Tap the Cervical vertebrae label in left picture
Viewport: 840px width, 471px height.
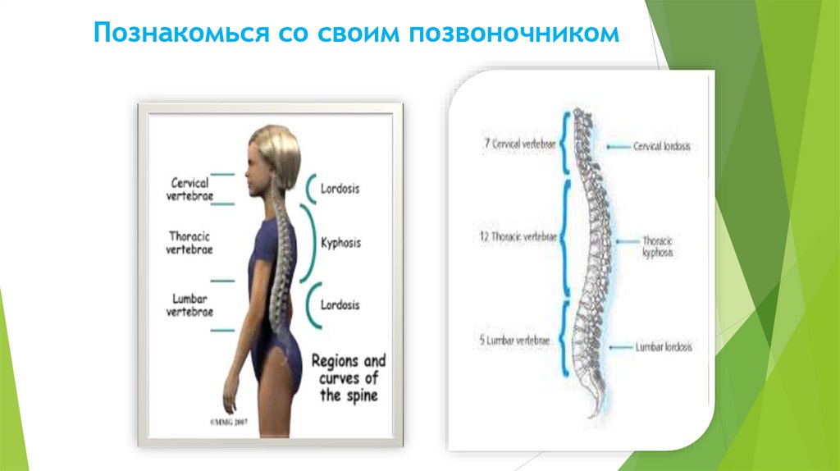pyautogui.click(x=190, y=188)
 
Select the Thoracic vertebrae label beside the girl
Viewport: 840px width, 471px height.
pyautogui.click(x=190, y=242)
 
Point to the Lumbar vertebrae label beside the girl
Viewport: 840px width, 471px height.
pyautogui.click(x=190, y=305)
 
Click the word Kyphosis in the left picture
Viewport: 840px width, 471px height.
pyautogui.click(x=341, y=243)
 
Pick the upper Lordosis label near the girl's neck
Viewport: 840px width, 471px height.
pyautogui.click(x=340, y=188)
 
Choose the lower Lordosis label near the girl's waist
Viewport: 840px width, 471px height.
pyautogui.click(x=340, y=305)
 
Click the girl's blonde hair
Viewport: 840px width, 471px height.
pyautogui.click(x=276, y=152)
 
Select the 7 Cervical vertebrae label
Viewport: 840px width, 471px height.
pyautogui.click(x=519, y=144)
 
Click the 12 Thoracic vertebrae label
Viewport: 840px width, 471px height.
pyautogui.click(x=518, y=236)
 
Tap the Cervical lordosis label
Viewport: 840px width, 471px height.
pyautogui.click(x=661, y=146)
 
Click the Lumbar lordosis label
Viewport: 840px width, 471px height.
pyautogui.click(x=663, y=347)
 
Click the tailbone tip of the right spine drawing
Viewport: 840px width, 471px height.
pyautogui.click(x=605, y=409)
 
